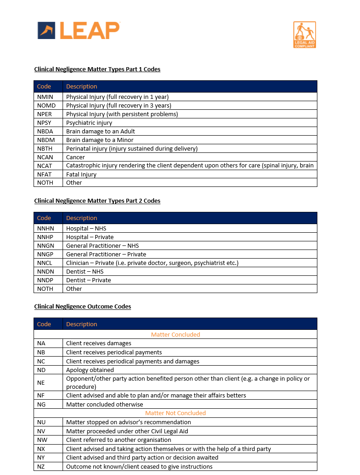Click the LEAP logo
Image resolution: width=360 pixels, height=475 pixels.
click(78, 30)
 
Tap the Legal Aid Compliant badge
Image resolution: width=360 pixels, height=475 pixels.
click(304, 34)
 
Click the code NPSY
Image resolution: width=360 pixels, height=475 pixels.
click(44, 122)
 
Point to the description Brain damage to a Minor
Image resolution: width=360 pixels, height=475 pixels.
click(100, 140)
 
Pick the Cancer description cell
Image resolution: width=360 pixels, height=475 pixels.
click(75, 157)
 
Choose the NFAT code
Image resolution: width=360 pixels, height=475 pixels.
click(44, 174)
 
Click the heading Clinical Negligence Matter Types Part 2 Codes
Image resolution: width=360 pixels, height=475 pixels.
click(97, 201)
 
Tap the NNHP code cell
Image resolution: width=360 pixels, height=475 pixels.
click(45, 237)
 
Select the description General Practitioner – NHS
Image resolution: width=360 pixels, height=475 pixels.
click(102, 245)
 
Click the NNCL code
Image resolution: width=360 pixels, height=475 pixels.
click(44, 263)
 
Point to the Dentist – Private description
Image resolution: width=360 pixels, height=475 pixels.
click(88, 280)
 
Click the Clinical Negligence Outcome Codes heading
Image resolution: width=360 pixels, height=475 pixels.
click(83, 306)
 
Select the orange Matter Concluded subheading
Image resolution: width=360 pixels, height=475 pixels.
click(175, 334)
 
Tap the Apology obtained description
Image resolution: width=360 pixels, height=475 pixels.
click(90, 370)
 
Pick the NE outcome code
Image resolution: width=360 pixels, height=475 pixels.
click(41, 382)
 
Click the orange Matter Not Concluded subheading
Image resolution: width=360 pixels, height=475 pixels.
click(175, 413)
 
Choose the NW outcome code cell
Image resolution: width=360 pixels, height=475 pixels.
click(41, 440)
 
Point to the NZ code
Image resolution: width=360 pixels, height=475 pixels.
click(41, 466)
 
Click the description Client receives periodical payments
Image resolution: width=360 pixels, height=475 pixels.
click(114, 352)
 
